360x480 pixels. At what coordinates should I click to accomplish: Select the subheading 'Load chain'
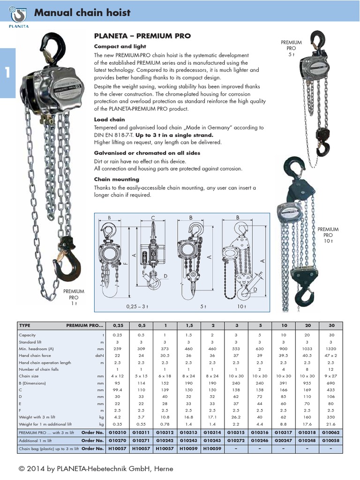tap(110, 120)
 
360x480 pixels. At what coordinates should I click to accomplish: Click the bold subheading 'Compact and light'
tap(120, 46)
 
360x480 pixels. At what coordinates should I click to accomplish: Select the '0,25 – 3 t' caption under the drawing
tap(137, 307)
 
